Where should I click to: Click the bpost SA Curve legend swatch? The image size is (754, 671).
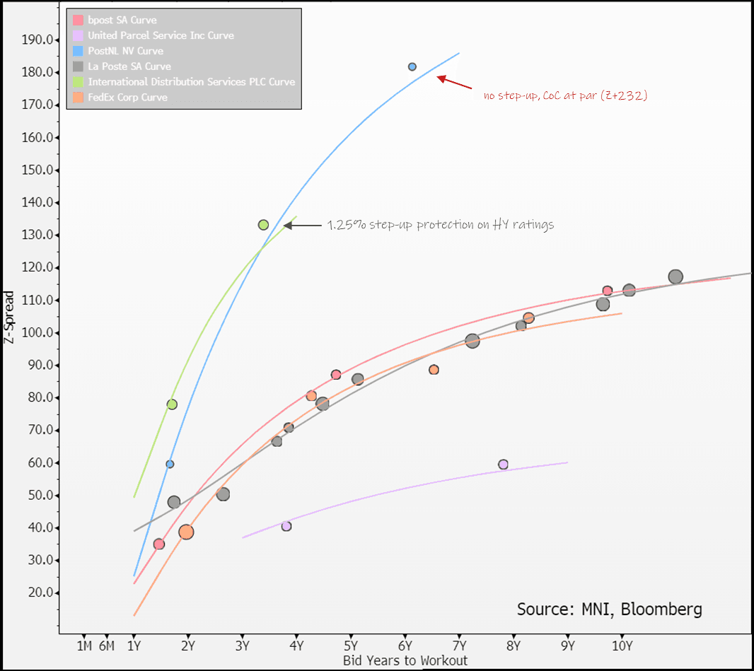[x=79, y=20]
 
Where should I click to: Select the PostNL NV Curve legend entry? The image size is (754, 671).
[x=125, y=51]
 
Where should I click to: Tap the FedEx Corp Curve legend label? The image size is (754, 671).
[x=127, y=98]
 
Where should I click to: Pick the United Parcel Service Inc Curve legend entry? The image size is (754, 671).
[x=161, y=35]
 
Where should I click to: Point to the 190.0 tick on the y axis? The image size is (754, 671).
[x=37, y=40]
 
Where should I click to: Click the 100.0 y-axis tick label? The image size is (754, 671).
[x=37, y=332]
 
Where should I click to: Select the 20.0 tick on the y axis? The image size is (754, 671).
[x=40, y=593]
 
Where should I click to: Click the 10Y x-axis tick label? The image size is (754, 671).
[x=622, y=646]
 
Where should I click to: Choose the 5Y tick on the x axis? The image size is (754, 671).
[x=351, y=646]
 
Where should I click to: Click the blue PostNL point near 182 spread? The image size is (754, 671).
[x=412, y=66]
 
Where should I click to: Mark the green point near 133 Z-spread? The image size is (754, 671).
[x=264, y=225]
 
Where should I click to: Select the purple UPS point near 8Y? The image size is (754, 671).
[x=504, y=465]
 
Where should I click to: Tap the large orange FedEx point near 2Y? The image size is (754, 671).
[x=186, y=532]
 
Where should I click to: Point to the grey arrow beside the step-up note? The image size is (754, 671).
[x=302, y=226]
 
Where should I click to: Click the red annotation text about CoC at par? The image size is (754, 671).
[x=565, y=95]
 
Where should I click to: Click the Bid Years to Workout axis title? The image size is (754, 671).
[x=405, y=660]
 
